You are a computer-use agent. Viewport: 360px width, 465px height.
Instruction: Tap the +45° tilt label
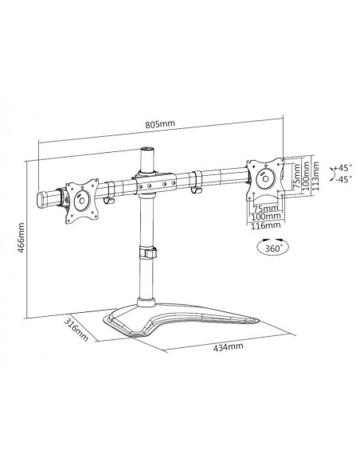point(342,169)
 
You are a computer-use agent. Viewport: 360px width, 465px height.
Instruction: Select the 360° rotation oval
point(272,248)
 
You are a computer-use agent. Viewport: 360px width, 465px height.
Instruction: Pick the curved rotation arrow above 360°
point(272,236)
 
